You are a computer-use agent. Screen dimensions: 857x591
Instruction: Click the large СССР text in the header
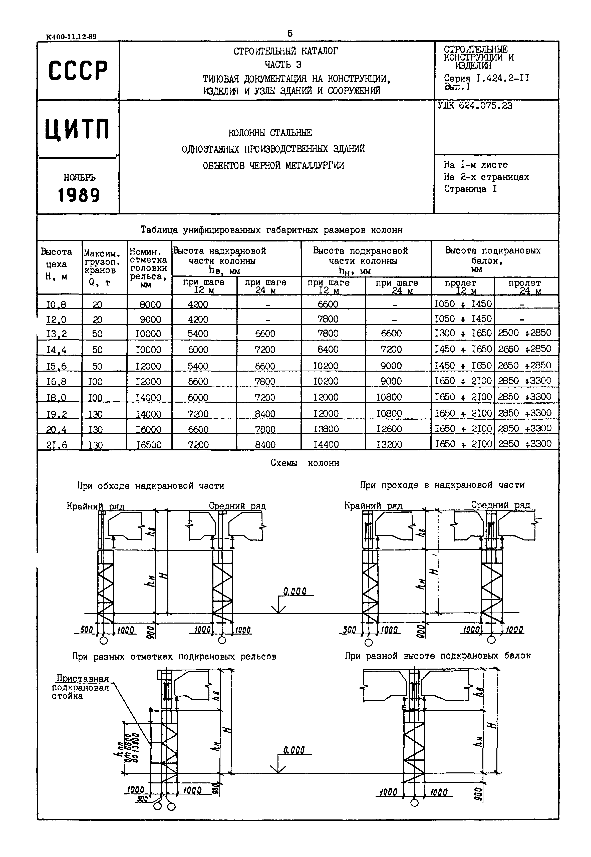pos(78,70)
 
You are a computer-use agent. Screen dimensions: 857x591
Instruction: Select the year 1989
pos(79,195)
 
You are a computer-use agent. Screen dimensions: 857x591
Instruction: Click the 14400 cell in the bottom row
pos(326,444)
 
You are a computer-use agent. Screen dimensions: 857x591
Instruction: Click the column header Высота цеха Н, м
pos(56,264)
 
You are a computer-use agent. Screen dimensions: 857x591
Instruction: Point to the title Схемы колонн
pos(305,463)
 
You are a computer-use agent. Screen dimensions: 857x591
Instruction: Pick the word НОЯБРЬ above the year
pos(79,178)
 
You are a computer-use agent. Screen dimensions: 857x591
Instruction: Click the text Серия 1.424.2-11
pos(486,79)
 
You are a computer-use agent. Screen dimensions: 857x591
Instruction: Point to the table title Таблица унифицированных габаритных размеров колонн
pos(271,230)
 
